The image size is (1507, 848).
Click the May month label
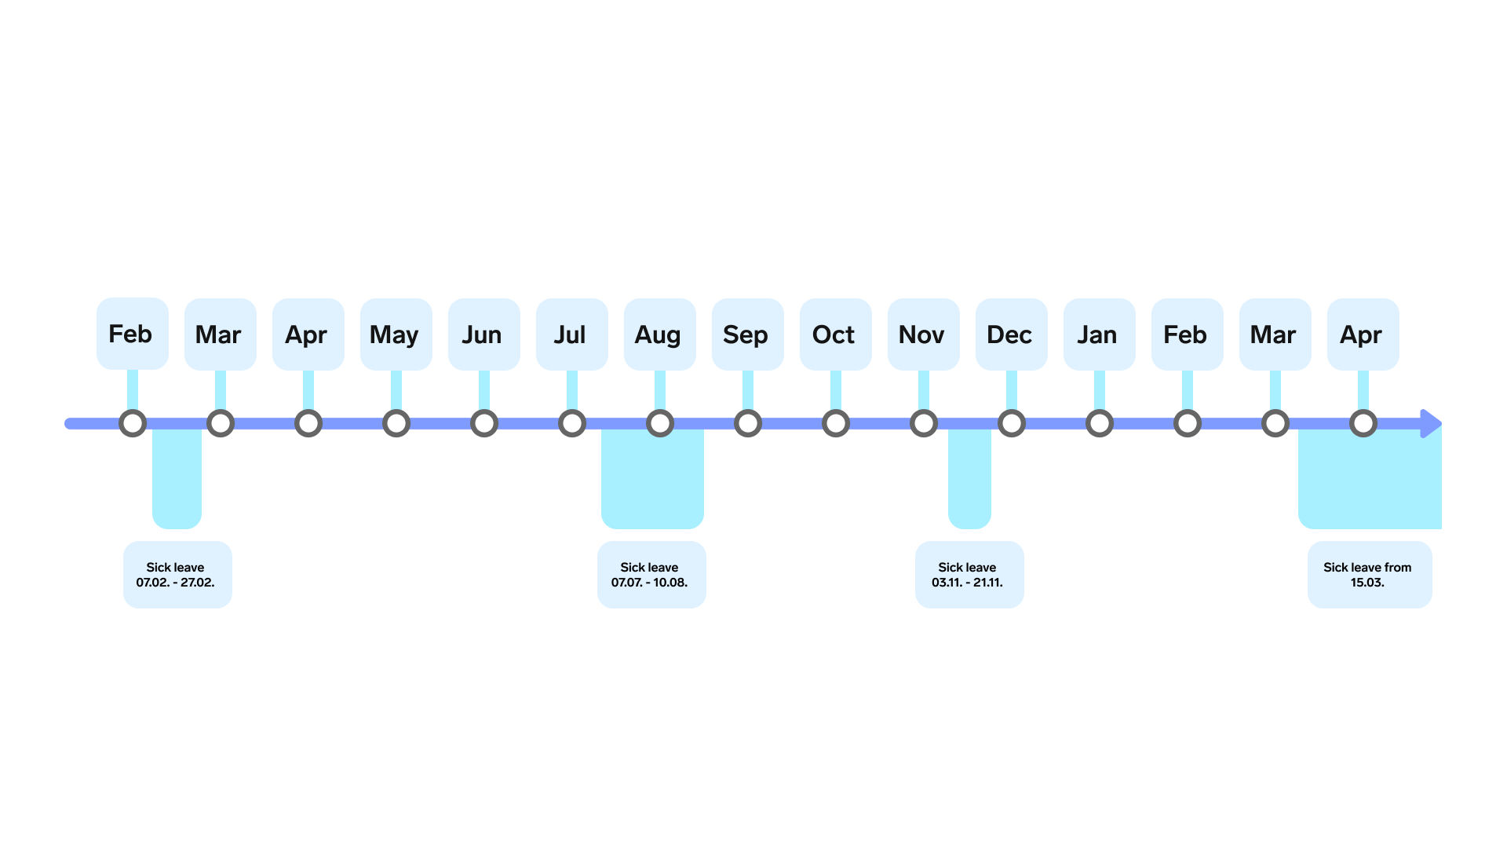pyautogui.click(x=396, y=334)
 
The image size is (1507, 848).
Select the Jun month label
pyautogui.click(x=483, y=334)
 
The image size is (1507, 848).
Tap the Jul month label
pyautogui.click(x=571, y=334)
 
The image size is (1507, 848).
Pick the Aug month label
pyautogui.click(x=659, y=334)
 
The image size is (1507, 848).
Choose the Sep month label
pyautogui.click(x=747, y=334)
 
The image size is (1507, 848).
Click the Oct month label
pyautogui.click(x=835, y=334)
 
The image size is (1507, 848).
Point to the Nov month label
pyautogui.click(x=923, y=334)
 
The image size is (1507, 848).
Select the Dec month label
pyautogui.click(x=1011, y=334)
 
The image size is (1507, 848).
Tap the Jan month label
pyautogui.click(x=1099, y=334)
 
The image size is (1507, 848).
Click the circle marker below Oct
pyautogui.click(x=836, y=410)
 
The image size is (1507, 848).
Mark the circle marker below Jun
pyautogui.click(x=484, y=410)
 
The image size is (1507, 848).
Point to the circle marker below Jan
pyautogui.click(x=1100, y=410)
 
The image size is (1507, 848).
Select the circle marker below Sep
pyautogui.click(x=748, y=410)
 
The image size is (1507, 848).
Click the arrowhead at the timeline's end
pyautogui.click(x=1431, y=424)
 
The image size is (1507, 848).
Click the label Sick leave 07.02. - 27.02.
pyautogui.click(x=177, y=575)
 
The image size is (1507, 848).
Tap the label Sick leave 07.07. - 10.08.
pyautogui.click(x=651, y=575)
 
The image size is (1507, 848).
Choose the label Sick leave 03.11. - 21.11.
pyautogui.click(x=969, y=575)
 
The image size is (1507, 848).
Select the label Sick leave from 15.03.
pyautogui.click(x=1370, y=575)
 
